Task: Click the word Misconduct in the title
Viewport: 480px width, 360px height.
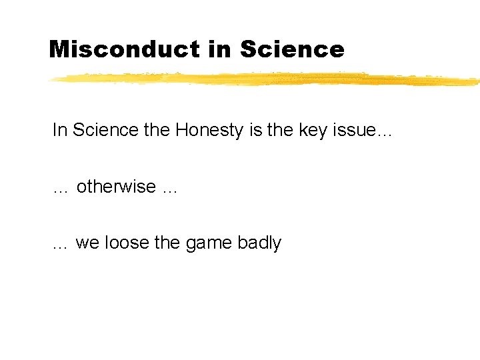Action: [124, 49]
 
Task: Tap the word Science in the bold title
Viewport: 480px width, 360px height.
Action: [291, 49]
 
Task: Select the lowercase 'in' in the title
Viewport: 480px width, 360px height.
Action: [219, 49]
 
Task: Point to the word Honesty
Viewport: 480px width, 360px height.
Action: [209, 130]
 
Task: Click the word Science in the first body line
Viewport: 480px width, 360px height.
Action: [105, 130]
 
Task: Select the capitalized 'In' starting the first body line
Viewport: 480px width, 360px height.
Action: [59, 130]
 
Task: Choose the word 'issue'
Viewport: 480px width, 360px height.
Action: [353, 130]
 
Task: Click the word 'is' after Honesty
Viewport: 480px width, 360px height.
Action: [255, 130]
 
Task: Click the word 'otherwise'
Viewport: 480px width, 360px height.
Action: [116, 187]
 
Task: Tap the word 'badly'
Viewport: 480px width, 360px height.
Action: [259, 243]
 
